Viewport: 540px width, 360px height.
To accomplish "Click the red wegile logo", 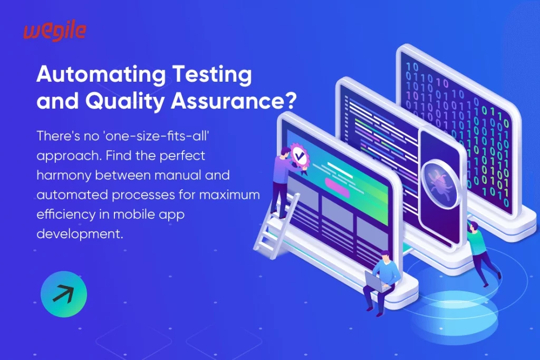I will [x=54, y=32].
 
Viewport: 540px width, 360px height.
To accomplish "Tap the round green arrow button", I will [x=64, y=294].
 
